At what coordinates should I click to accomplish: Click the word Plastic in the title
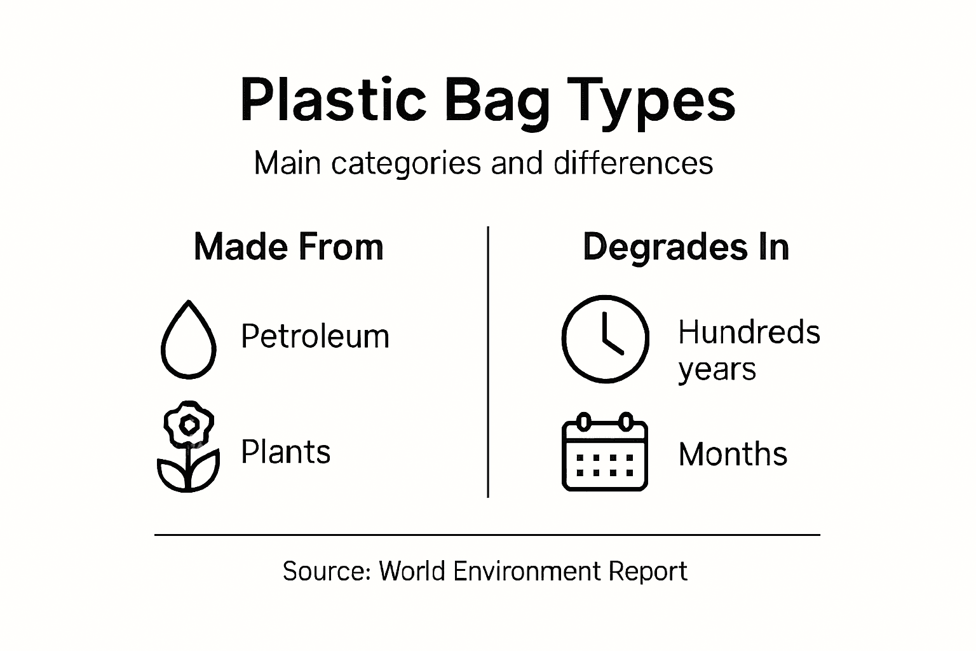point(332,100)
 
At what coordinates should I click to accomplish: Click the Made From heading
point(288,247)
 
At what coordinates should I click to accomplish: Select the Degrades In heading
point(686,247)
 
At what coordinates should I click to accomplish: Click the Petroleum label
point(315,336)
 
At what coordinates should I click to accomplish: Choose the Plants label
point(285,452)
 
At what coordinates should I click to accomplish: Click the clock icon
point(605,338)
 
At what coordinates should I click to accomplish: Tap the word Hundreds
point(749,332)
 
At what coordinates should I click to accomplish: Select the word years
point(717,369)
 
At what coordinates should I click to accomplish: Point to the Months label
point(733,454)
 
